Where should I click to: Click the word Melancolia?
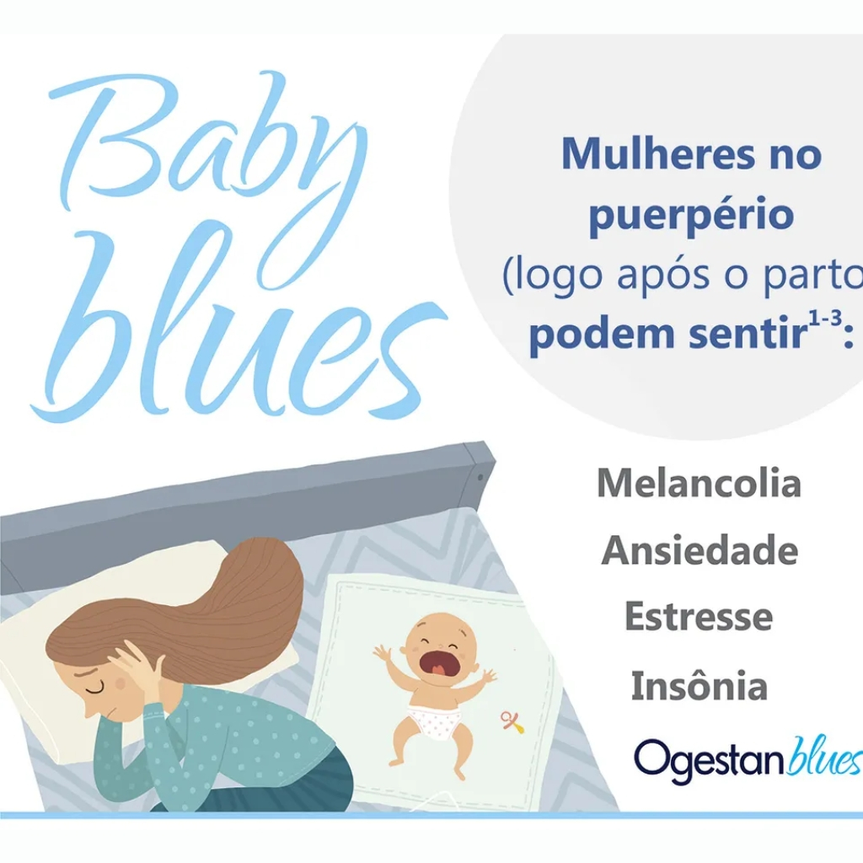pos(699,483)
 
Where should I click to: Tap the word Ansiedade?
pos(700,549)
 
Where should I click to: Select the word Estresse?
pos(699,616)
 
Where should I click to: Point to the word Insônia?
pos(699,685)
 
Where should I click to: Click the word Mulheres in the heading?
pos(657,153)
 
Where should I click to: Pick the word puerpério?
pos(691,215)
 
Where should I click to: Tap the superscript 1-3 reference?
pos(825,319)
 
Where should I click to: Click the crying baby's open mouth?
pos(437,662)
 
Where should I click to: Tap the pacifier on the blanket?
pos(512,721)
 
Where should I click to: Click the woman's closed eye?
pos(94,689)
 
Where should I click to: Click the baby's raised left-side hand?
pos(382,653)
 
